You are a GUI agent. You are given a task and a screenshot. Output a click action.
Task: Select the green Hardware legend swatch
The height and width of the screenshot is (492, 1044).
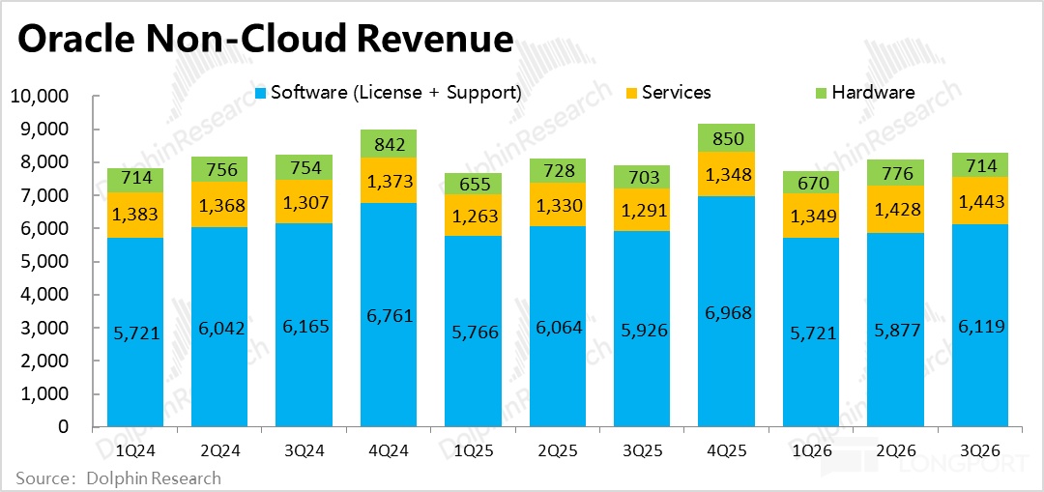click(x=822, y=93)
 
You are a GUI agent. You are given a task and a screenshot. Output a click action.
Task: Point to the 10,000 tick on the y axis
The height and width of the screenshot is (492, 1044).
click(x=39, y=97)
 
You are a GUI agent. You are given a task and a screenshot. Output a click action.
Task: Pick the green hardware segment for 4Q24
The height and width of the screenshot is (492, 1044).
click(x=388, y=143)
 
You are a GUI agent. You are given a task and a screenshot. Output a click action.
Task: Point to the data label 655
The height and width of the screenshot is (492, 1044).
click(x=473, y=184)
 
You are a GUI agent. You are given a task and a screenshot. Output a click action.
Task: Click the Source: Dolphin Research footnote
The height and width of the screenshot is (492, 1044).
click(x=119, y=478)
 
